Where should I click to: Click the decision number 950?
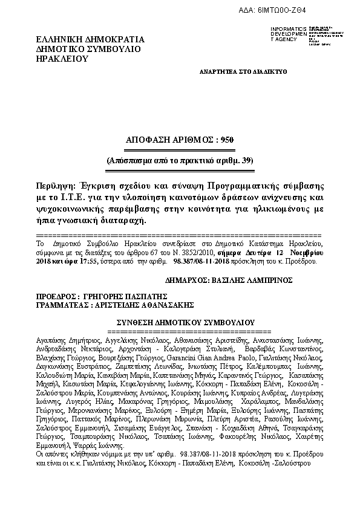coord(225,140)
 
